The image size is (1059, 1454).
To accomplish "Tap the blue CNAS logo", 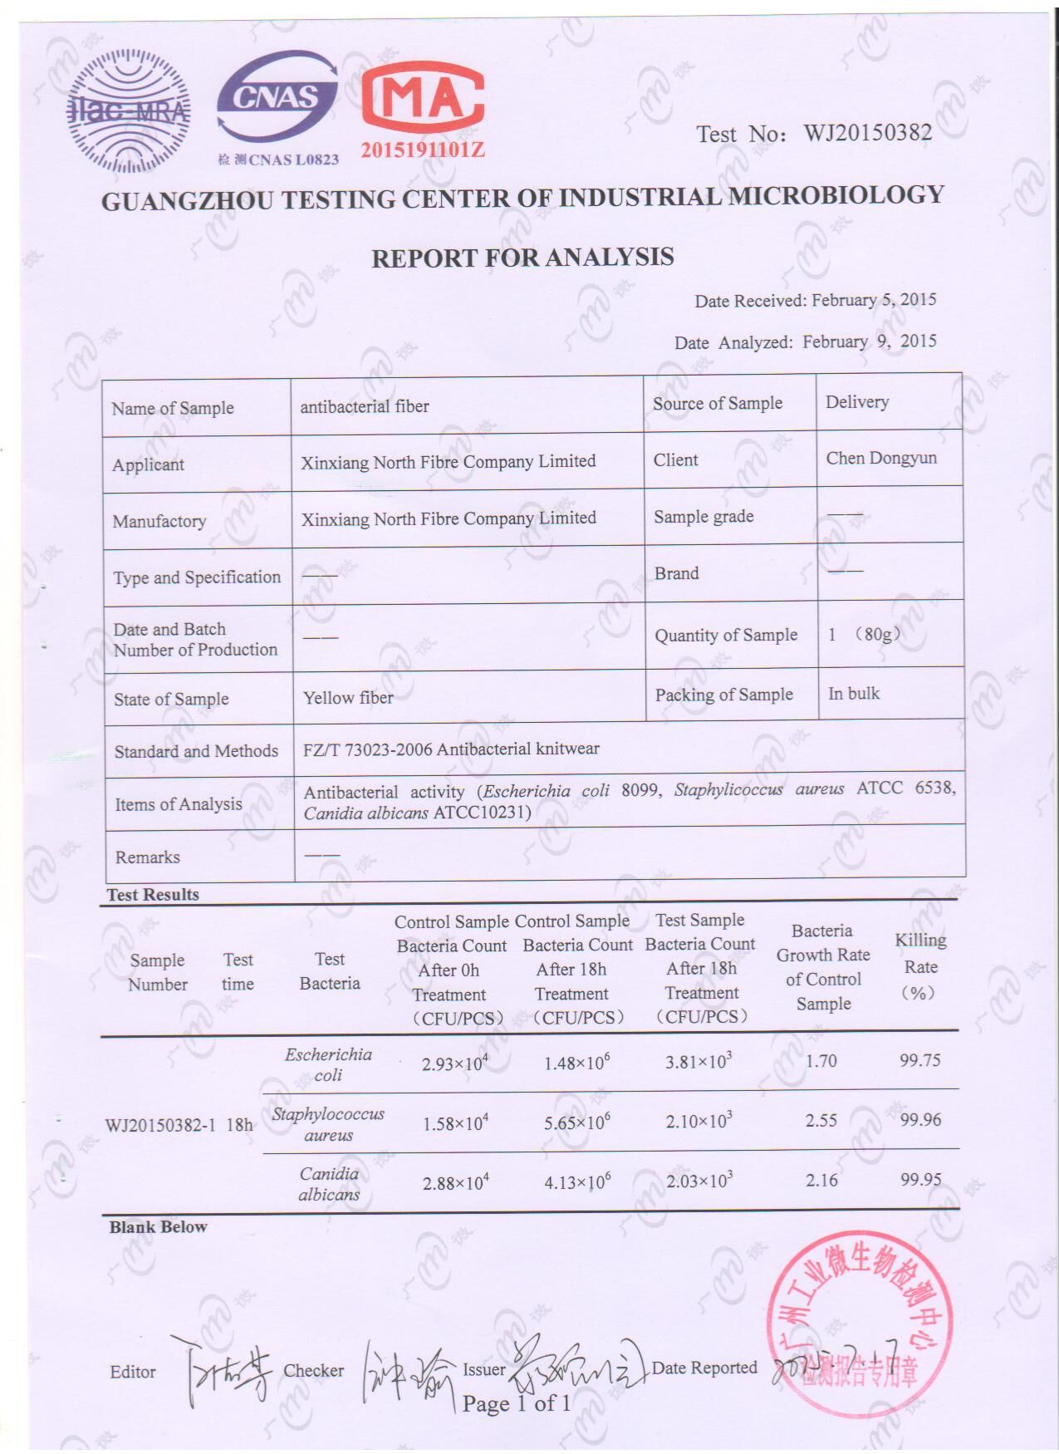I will [x=277, y=105].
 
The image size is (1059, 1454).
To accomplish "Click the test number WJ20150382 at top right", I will [x=867, y=133].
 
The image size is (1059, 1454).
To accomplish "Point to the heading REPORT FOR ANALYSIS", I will [x=522, y=258].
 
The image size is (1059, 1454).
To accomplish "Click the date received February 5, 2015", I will [x=874, y=300].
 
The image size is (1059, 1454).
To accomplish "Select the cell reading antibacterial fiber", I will [x=365, y=406].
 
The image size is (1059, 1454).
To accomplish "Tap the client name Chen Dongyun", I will [x=881, y=458].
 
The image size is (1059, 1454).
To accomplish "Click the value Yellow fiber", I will [x=348, y=698].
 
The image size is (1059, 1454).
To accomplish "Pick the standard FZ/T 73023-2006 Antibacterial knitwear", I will [x=451, y=749].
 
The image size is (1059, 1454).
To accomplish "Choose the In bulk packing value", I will [x=854, y=694].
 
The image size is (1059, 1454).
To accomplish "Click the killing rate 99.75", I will [x=919, y=1060].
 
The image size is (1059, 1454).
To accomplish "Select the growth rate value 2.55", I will [x=821, y=1120].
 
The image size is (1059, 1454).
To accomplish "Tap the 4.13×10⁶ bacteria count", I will [x=577, y=1181].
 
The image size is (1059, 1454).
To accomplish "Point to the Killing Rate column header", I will [x=920, y=966].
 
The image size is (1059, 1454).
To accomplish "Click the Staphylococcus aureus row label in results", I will [x=328, y=1124].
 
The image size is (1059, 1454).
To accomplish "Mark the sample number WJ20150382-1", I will [x=160, y=1125].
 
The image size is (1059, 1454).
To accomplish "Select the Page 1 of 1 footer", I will [x=517, y=1404].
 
